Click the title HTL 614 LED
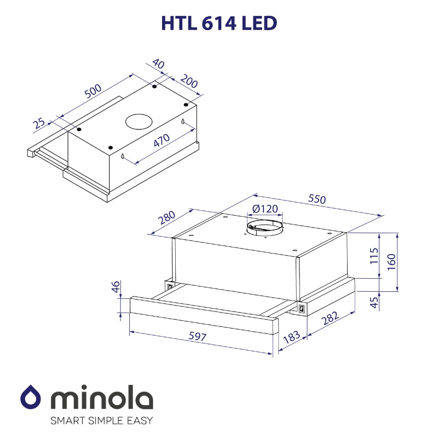point(219,23)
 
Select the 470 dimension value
point(161,141)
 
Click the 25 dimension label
point(39,123)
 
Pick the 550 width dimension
point(316,199)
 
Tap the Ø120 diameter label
point(266,209)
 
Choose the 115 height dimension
point(374,256)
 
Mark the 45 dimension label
point(374,302)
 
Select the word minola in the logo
point(102,399)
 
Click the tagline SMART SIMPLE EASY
point(101,420)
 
